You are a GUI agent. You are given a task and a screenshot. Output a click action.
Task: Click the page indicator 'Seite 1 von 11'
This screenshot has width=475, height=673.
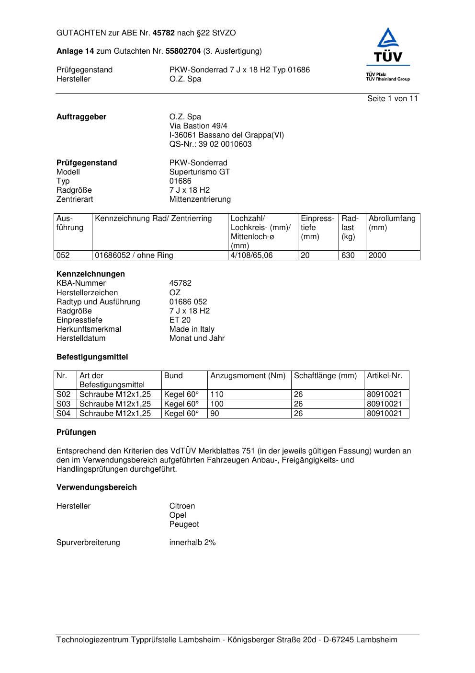392,99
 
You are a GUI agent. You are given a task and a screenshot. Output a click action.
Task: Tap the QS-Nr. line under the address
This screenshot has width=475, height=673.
210,144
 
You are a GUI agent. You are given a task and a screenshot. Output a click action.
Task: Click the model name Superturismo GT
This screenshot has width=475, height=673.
199,172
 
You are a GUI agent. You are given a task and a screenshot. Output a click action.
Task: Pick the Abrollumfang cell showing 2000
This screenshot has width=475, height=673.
377,255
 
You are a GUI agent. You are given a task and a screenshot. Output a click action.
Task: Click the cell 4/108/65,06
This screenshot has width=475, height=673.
251,255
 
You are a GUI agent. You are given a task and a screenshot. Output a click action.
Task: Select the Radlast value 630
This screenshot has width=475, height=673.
348,255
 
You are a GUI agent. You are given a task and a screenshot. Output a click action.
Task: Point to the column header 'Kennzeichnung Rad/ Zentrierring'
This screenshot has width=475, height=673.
153,219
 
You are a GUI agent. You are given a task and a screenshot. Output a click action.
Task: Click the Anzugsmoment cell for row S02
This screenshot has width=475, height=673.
217,395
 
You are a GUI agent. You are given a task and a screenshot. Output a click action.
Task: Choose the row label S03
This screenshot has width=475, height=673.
64,404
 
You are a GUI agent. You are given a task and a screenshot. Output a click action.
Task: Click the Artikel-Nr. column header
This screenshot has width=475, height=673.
385,376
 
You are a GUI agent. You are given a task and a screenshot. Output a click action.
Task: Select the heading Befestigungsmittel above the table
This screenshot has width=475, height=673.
92,357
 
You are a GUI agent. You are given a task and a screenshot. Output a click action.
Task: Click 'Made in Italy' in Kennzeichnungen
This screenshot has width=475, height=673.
192,329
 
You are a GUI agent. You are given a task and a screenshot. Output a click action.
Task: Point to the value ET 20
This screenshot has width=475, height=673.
180,320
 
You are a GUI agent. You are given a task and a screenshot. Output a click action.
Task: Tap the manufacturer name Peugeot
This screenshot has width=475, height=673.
184,524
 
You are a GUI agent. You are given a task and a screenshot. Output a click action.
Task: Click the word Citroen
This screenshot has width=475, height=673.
182,506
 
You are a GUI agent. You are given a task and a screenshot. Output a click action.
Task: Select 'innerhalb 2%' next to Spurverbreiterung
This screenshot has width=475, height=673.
192,543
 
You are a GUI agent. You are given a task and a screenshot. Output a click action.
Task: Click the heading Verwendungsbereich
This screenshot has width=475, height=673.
97,487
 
